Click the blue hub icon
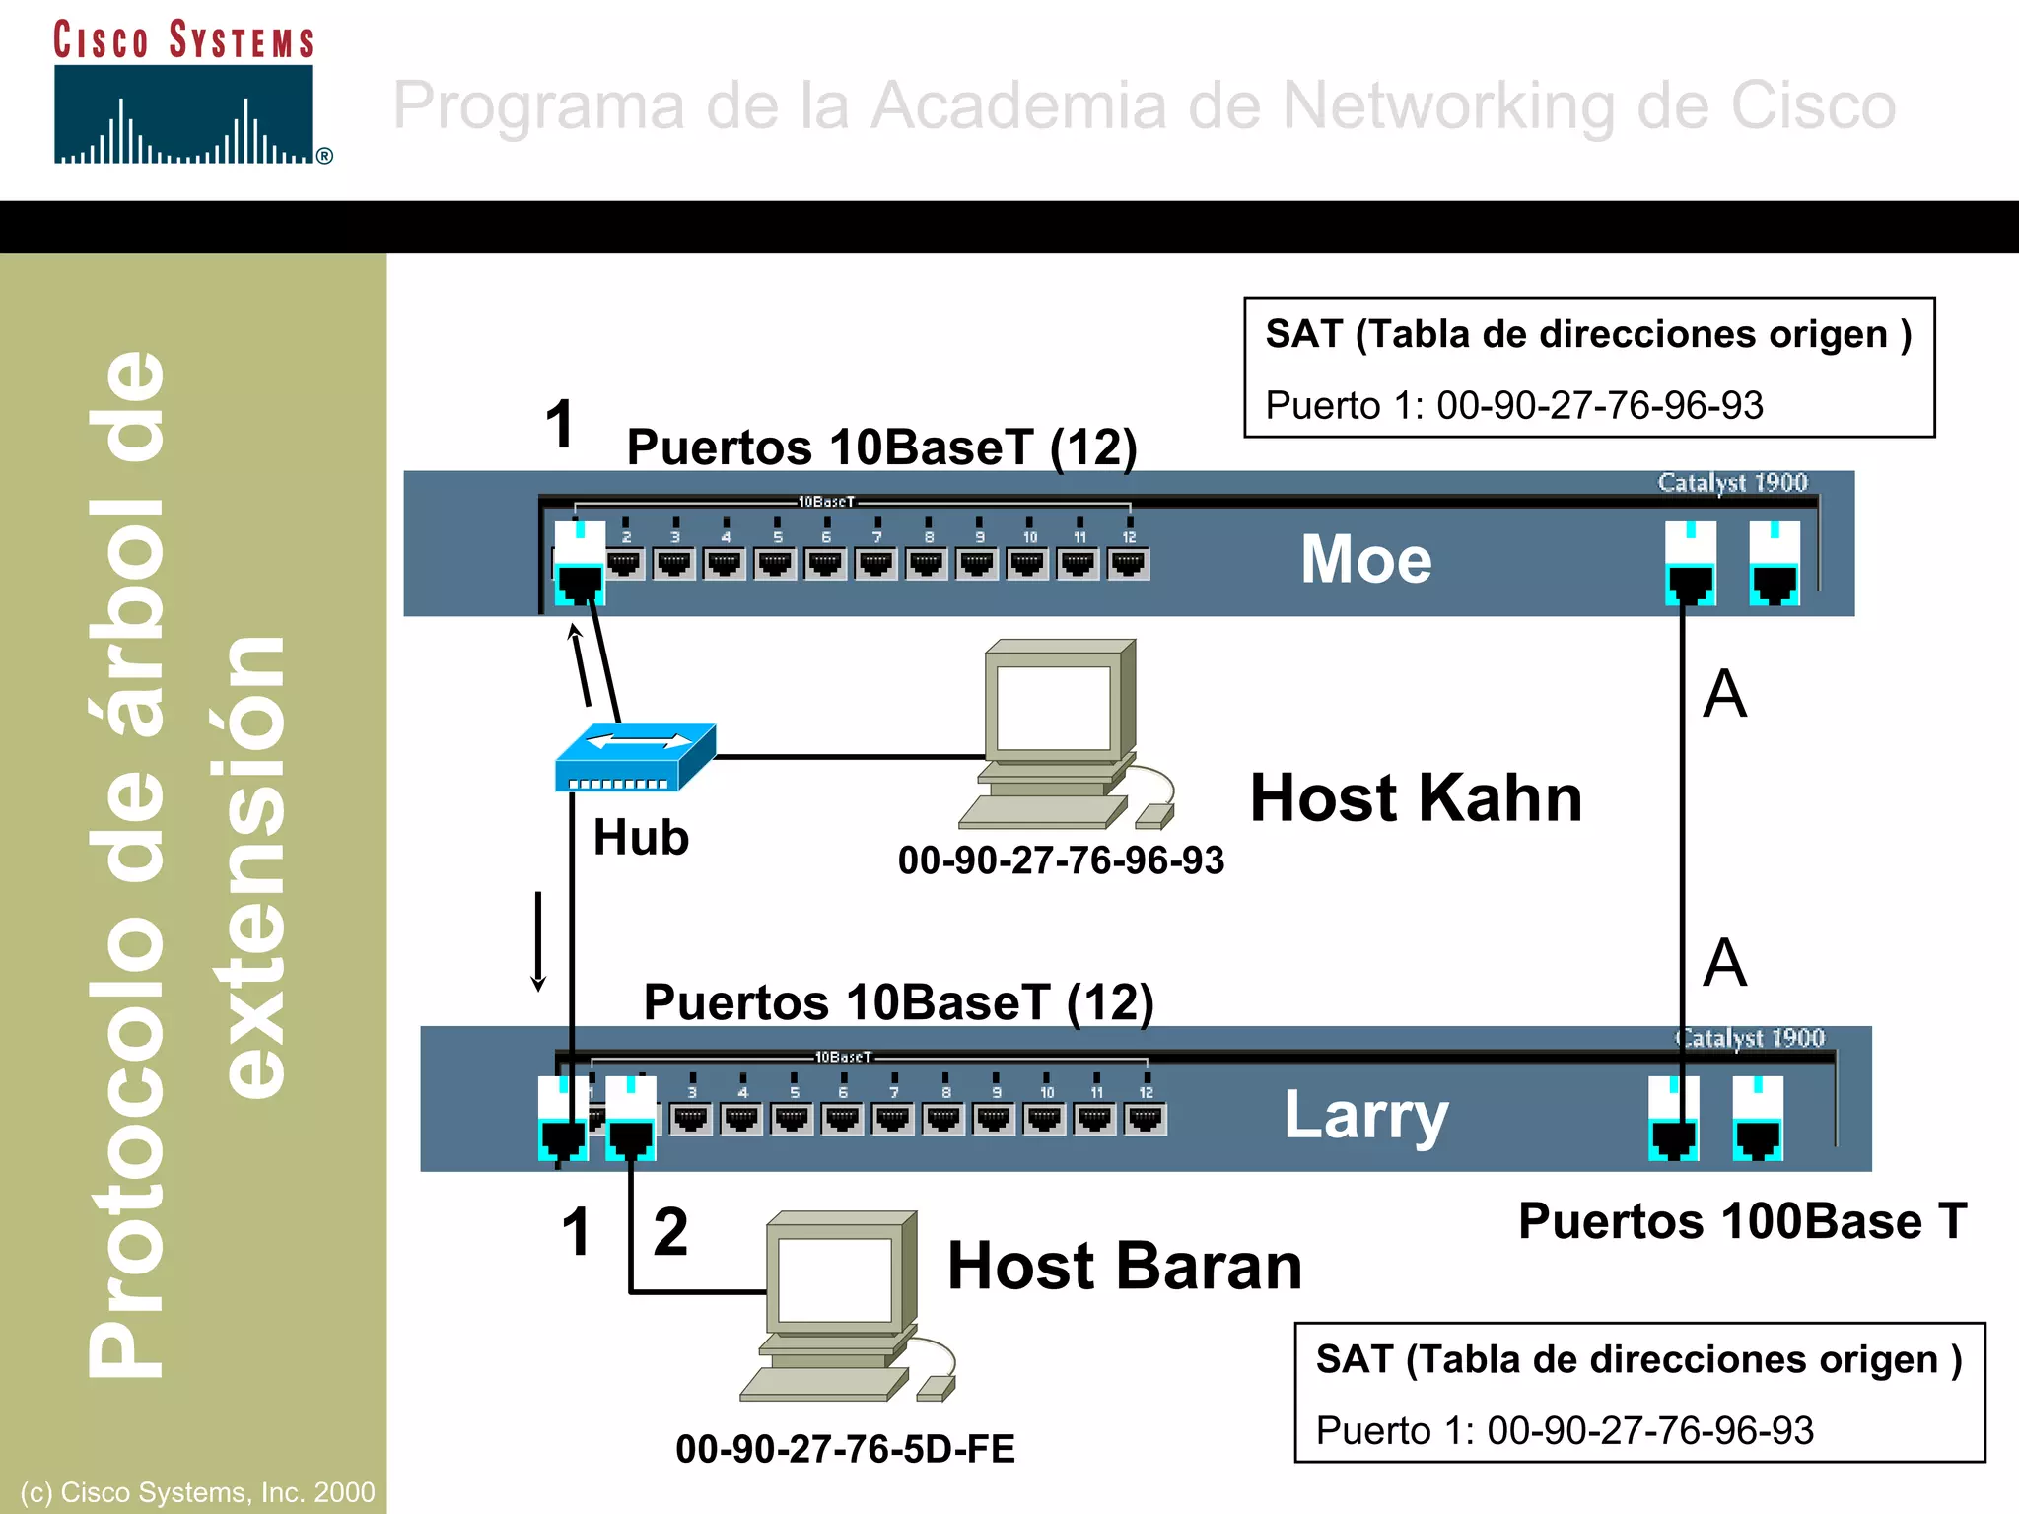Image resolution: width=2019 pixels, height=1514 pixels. coord(634,757)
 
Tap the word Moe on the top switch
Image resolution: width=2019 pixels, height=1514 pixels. coord(1365,559)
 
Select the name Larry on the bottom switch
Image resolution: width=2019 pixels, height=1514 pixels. coord(1365,1115)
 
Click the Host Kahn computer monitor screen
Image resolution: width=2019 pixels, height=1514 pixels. coord(1053,707)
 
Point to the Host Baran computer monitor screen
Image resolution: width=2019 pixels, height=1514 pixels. coord(834,1279)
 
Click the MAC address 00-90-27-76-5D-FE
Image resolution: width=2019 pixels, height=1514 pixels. coord(845,1449)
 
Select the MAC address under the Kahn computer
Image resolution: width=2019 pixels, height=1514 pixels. coord(1061,860)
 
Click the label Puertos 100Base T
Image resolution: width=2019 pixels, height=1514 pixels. coord(1742,1221)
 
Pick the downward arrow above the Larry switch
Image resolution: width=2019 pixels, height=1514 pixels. coord(538,941)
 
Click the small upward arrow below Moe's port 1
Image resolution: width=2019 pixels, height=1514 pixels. coord(581,665)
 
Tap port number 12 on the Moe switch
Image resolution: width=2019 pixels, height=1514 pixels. coord(1129,563)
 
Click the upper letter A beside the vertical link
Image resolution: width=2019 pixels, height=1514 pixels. coord(1724,694)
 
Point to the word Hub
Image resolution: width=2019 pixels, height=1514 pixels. coord(641,838)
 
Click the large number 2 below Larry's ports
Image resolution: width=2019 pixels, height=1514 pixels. coord(670,1232)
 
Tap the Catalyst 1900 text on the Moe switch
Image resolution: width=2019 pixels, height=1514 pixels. coord(1732,483)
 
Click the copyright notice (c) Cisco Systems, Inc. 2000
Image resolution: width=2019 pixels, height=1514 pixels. coord(197,1492)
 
